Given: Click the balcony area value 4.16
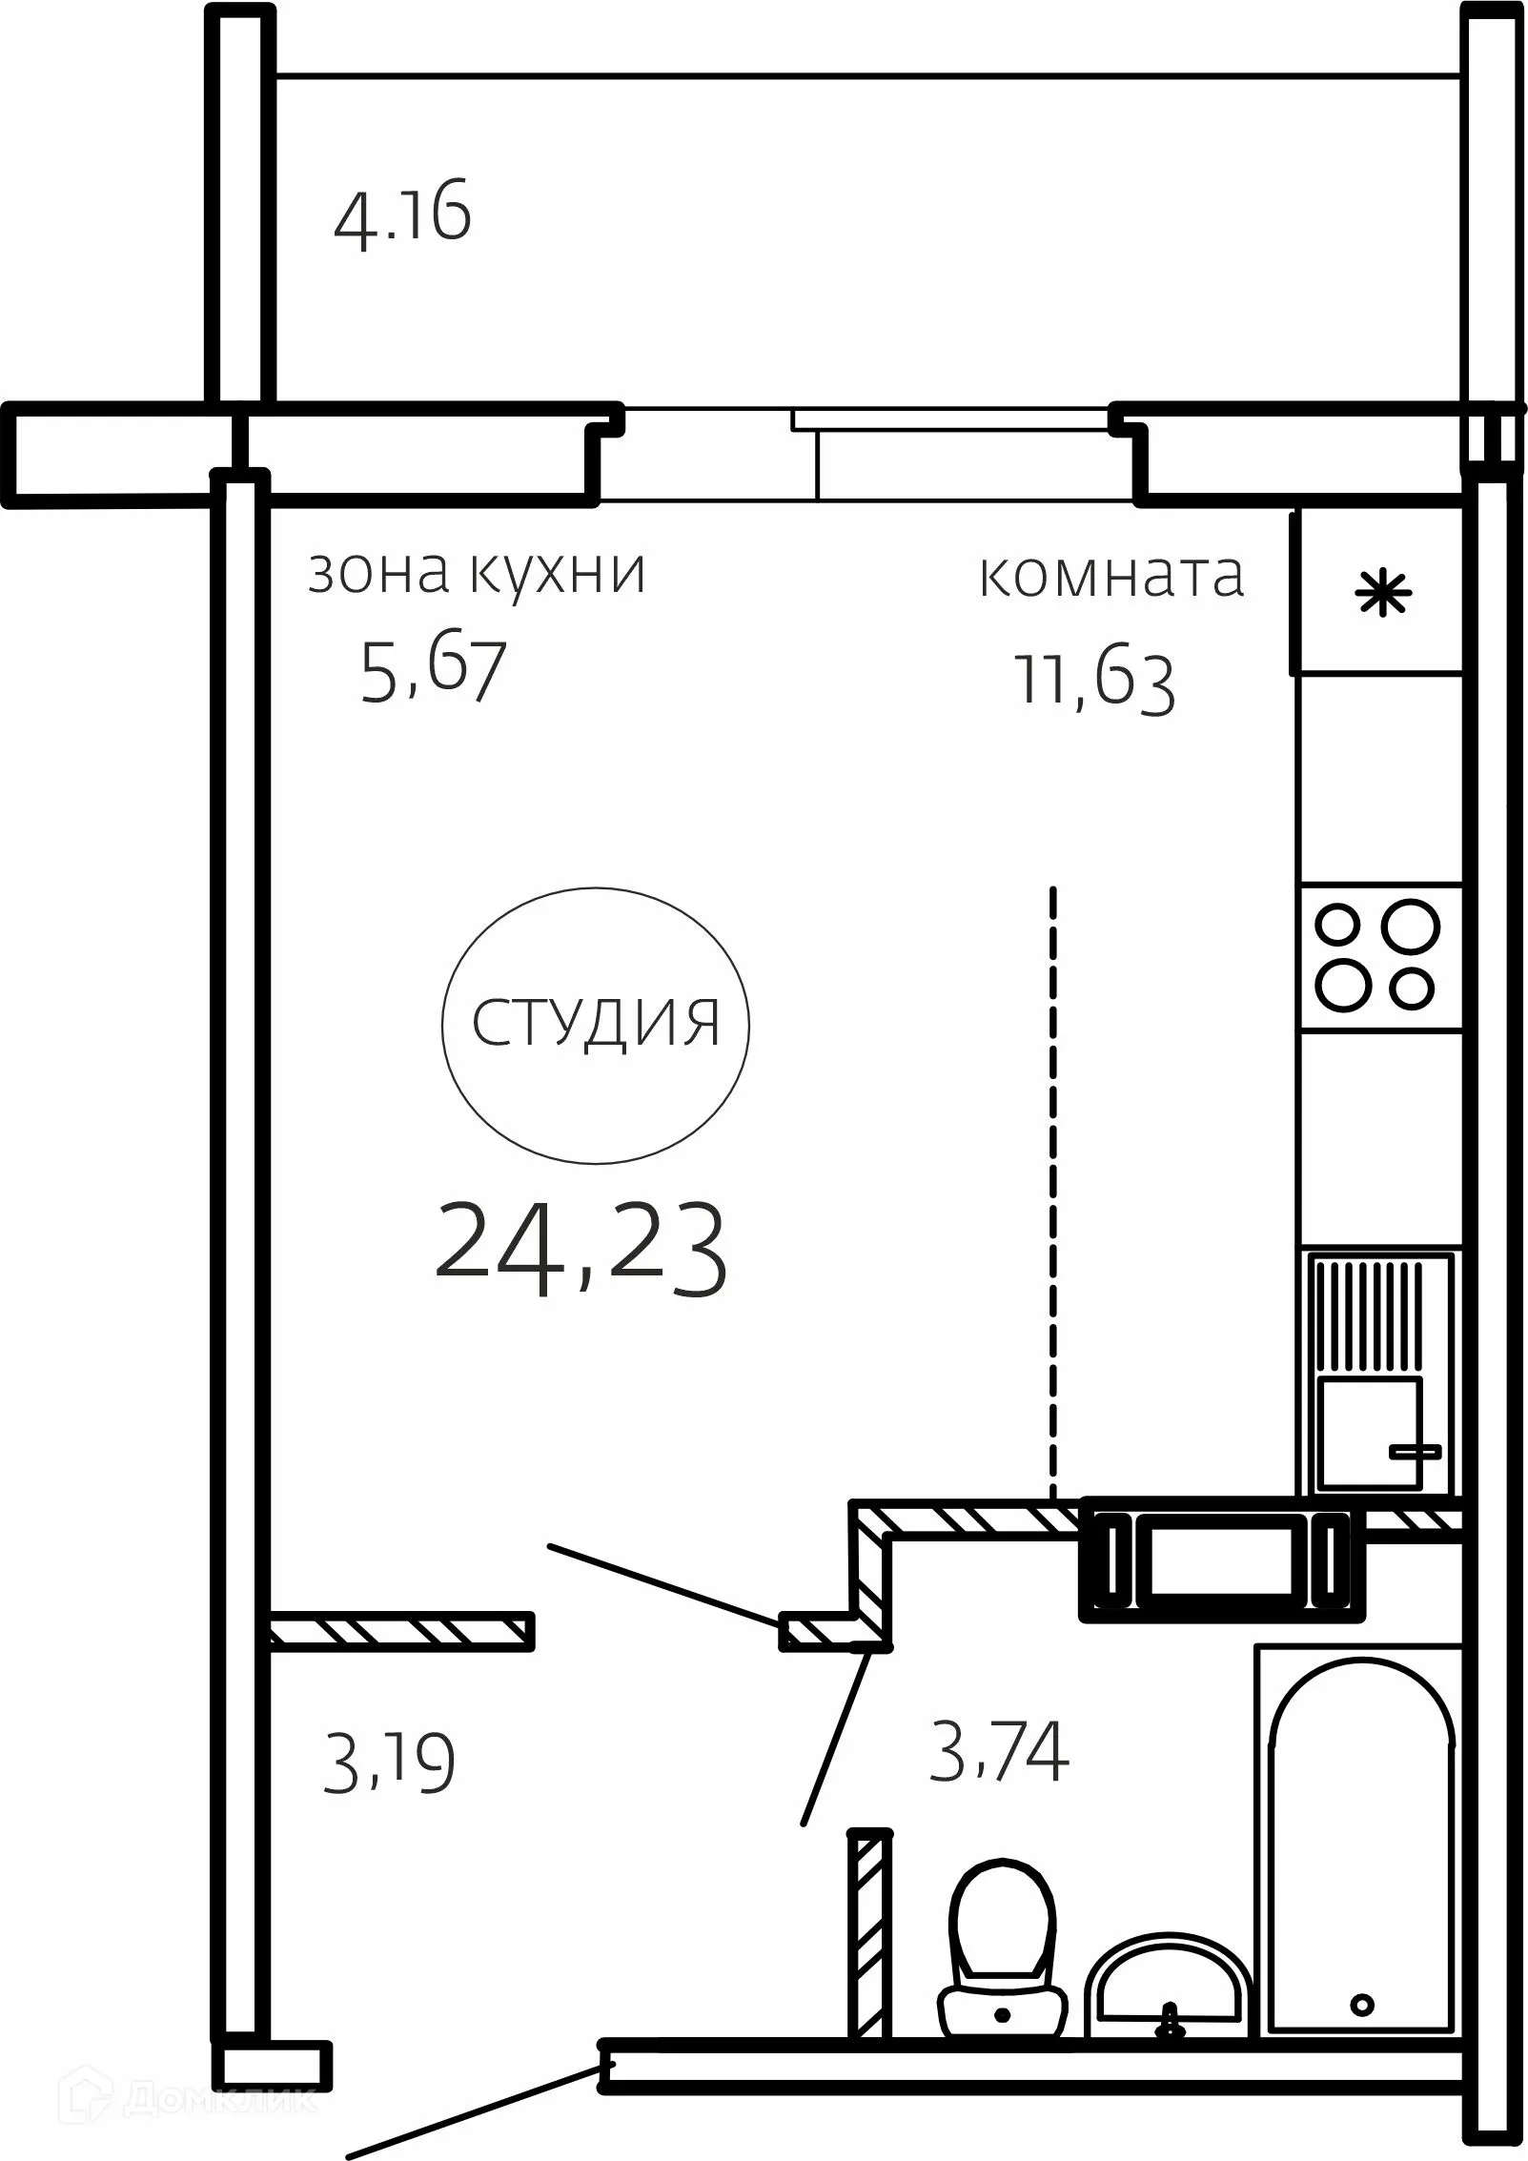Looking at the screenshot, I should tap(403, 216).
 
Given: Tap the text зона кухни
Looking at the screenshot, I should tap(477, 573).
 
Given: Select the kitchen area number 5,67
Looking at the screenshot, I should tap(432, 671).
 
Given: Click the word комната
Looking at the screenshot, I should tap(1111, 576).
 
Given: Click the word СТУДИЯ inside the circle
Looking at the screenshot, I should tap(596, 1024).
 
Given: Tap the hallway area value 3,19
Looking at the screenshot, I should tap(389, 1764).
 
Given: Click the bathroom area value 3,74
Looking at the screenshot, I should tap(998, 1751).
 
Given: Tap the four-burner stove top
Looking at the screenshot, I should tap(1377, 956).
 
